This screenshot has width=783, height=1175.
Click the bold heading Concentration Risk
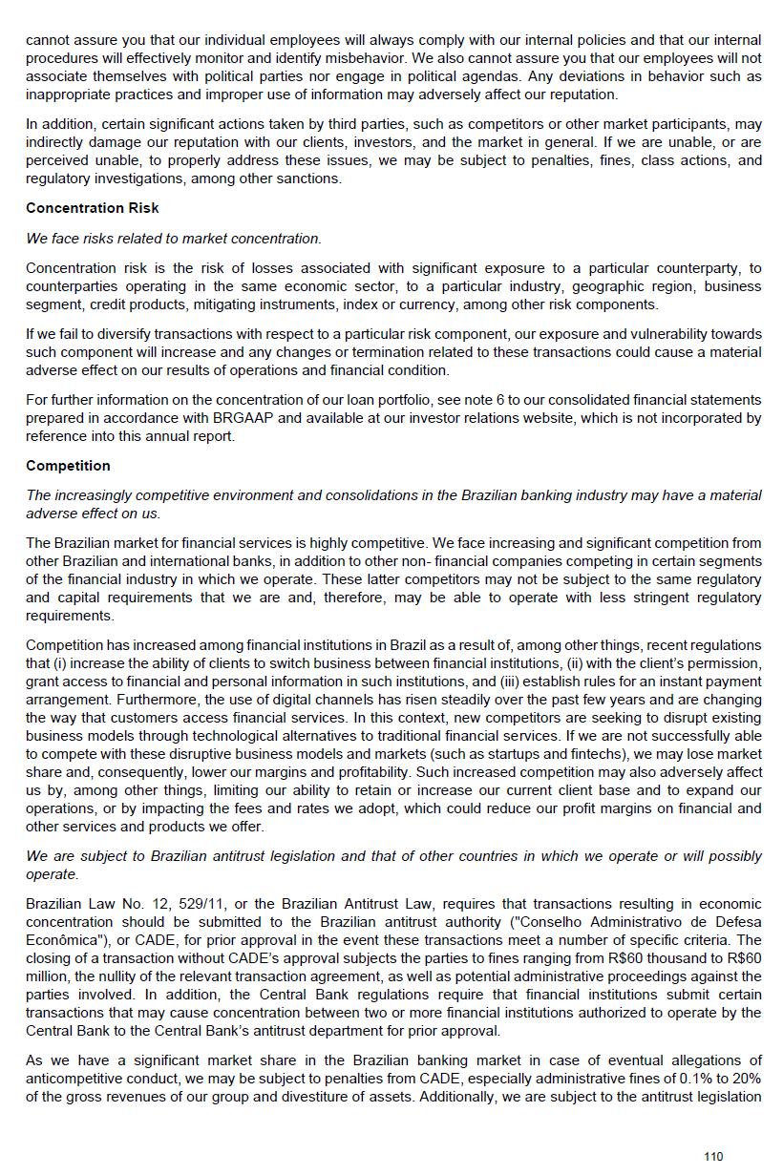coord(93,208)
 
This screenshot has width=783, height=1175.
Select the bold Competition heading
coord(68,466)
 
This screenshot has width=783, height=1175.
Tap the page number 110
coord(713,1157)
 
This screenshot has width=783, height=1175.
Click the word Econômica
coord(61,940)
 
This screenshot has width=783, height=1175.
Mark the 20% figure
coord(748,1079)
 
